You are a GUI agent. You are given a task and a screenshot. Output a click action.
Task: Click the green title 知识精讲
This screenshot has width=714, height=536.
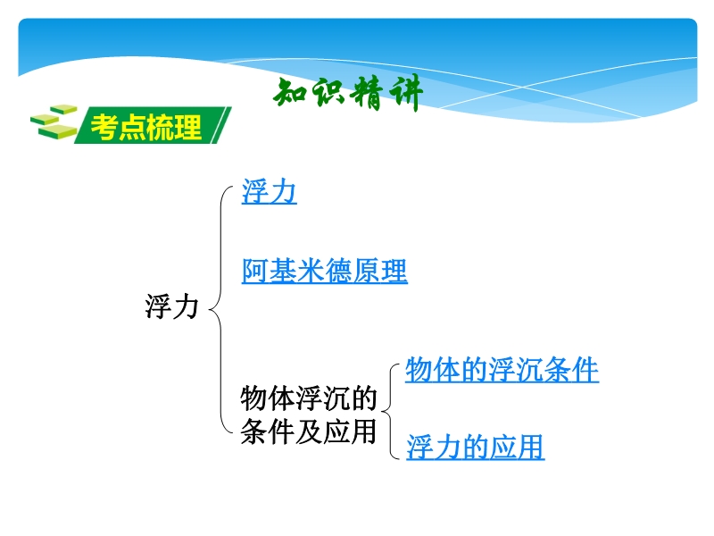(x=348, y=93)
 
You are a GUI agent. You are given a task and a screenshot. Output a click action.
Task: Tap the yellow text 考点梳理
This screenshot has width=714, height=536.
(x=146, y=127)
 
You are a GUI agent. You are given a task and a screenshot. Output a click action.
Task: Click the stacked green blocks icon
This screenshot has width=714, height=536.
(x=54, y=121)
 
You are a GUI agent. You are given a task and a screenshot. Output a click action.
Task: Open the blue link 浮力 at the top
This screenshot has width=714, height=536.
(x=270, y=191)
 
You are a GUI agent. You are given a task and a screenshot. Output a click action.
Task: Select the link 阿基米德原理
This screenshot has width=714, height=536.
(x=325, y=272)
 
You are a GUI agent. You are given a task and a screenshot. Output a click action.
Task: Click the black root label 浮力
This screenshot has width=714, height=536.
(x=171, y=306)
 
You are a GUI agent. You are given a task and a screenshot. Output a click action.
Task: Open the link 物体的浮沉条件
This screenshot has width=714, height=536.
(x=502, y=370)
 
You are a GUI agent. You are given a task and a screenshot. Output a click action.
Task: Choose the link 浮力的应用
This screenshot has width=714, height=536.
(x=475, y=447)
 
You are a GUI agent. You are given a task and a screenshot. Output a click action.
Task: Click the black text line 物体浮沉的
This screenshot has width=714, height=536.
(x=309, y=398)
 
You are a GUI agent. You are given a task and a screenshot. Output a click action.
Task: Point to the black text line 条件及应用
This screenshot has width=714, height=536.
(x=309, y=431)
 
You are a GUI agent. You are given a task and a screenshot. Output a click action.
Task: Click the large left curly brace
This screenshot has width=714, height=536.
(x=220, y=310)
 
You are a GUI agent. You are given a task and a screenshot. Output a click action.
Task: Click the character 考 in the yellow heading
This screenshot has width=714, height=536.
(x=104, y=127)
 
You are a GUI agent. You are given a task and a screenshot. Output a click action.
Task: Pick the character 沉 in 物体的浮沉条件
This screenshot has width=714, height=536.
(x=530, y=370)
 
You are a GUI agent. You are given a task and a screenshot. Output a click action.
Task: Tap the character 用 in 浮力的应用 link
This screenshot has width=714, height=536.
(x=531, y=447)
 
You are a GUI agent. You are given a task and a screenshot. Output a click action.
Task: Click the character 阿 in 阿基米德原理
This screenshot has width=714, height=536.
(x=255, y=272)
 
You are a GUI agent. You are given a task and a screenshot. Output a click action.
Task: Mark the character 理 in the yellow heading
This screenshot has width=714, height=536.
(x=187, y=127)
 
